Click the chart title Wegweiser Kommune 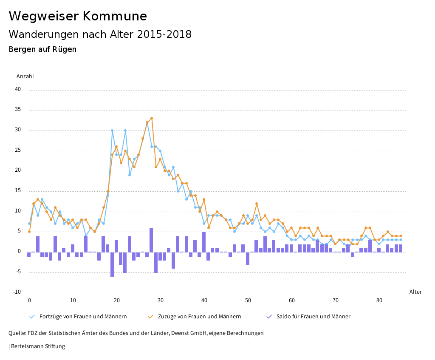coord(78,16)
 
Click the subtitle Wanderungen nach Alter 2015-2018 coord(100,34)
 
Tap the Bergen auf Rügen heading coord(42,49)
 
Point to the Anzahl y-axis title coord(25,77)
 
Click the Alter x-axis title coord(415,292)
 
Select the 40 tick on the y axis coord(18,90)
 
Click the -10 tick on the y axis coord(17,292)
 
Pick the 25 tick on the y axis coord(18,150)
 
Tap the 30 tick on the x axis coord(160,300)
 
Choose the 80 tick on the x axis coord(379,300)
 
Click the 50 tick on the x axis coord(248,300)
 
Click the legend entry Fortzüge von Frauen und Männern coord(83,317)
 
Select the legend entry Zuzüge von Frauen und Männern coord(199,317)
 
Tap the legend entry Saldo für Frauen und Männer coord(313,317)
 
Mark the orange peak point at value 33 coord(152,118)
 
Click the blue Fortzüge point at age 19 coord(112,130)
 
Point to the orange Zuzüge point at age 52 coord(257,204)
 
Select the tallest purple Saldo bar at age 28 coord(151,240)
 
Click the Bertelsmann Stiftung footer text coord(37,346)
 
